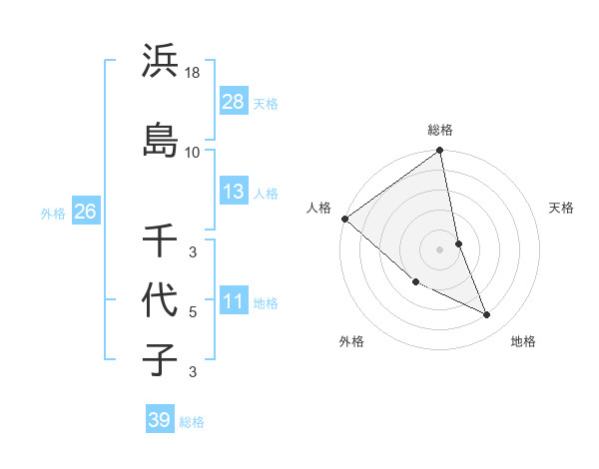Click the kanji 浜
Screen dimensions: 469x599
[x=161, y=63]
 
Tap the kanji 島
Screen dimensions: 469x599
[x=161, y=139]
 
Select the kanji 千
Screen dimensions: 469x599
[x=161, y=240]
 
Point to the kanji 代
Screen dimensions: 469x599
[x=161, y=299]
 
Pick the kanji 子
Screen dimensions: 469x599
[x=161, y=359]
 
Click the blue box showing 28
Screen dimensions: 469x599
[x=234, y=101]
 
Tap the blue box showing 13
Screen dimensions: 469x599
[x=234, y=192]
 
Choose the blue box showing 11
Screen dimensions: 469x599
[x=234, y=301]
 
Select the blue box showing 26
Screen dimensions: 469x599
[x=85, y=212]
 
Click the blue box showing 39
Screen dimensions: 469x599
[x=159, y=420]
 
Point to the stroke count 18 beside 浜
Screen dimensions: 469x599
[x=193, y=72]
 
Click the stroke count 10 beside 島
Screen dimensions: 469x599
[x=193, y=152]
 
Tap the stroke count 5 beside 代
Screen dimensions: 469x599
[x=193, y=312]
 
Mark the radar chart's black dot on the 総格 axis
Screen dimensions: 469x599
[x=440, y=152]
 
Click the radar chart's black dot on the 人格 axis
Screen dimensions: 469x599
[x=344, y=219]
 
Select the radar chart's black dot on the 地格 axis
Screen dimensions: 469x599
[x=487, y=314]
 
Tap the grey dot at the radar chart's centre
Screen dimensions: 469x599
[x=440, y=248]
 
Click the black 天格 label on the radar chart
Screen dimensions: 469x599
[x=561, y=208]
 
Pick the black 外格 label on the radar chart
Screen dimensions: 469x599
[x=351, y=341]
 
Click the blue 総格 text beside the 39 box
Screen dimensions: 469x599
[x=192, y=422]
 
